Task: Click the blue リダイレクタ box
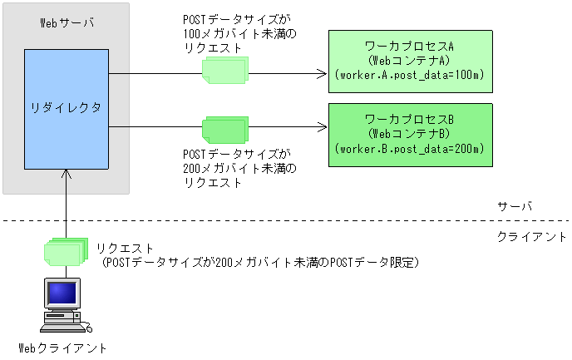[66, 108]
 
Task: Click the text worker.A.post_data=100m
[408, 76]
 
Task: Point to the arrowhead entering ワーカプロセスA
[321, 74]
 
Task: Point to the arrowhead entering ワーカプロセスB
[321, 127]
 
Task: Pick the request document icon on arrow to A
[224, 72]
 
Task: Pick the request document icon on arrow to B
[224, 130]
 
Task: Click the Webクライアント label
[63, 348]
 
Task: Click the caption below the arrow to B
[238, 169]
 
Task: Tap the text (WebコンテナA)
[408, 61]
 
